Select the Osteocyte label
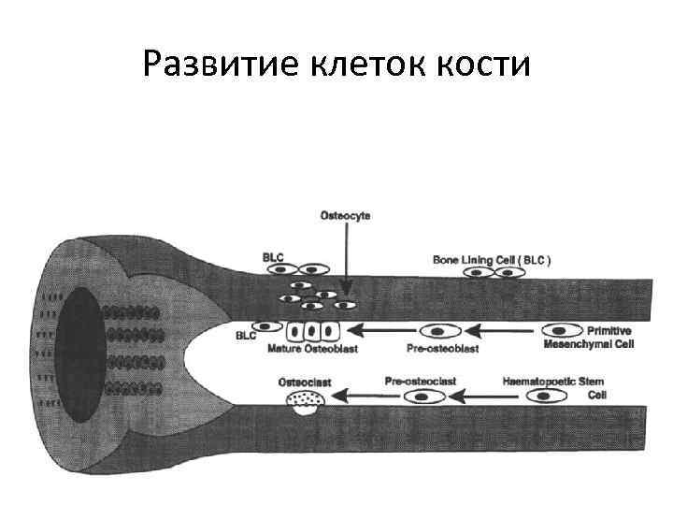(345, 216)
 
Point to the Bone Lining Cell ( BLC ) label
(492, 260)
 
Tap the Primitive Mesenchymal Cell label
(588, 338)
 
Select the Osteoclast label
(304, 382)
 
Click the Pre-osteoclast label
(420, 382)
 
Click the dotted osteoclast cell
(305, 402)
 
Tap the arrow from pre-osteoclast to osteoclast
(365, 397)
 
